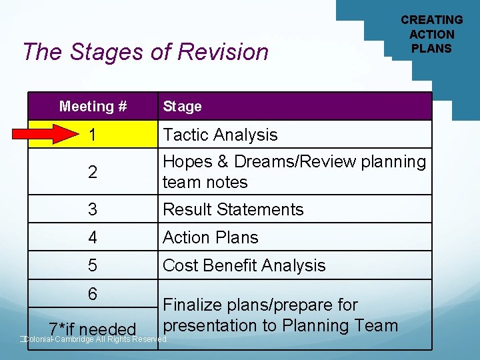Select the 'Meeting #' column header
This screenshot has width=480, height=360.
click(x=93, y=106)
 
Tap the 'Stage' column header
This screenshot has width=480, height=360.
click(x=182, y=106)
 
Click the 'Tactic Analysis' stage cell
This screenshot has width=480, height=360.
click(x=220, y=135)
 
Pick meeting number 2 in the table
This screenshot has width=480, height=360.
click(x=93, y=172)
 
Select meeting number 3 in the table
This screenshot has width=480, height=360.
click(x=93, y=209)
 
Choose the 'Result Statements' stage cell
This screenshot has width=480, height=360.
click(x=233, y=209)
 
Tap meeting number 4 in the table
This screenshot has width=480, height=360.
click(x=93, y=237)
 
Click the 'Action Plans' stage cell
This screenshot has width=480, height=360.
click(x=210, y=237)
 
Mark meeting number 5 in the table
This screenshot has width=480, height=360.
click(x=93, y=265)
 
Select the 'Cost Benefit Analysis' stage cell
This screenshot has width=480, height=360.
click(x=244, y=265)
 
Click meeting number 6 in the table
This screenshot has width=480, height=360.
click(x=93, y=294)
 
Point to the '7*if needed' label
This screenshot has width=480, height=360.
click(x=93, y=329)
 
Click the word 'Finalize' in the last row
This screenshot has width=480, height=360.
click(x=194, y=305)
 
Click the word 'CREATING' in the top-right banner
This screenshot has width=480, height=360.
click(x=431, y=20)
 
